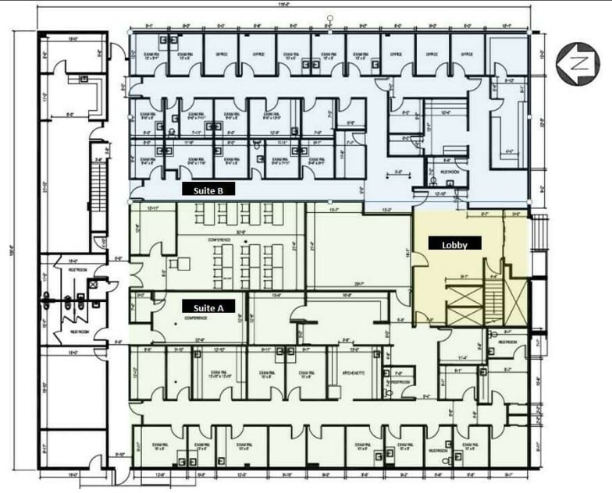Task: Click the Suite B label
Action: click(208, 190)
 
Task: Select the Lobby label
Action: click(454, 243)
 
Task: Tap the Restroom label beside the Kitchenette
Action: click(400, 382)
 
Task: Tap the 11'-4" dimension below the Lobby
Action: click(462, 357)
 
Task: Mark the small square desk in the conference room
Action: click(183, 264)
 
